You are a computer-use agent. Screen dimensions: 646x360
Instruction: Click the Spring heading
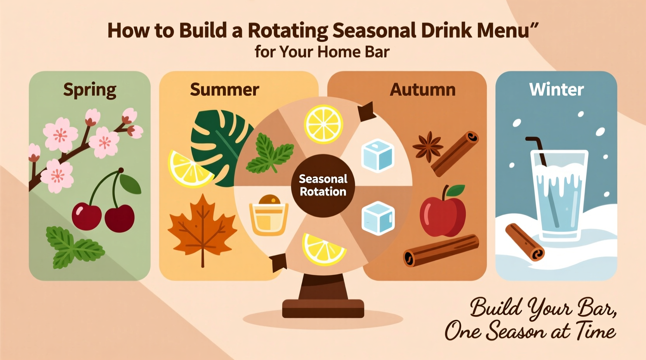click(90, 90)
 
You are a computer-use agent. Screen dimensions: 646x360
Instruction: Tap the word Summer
click(224, 90)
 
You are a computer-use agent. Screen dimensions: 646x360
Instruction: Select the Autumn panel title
click(422, 90)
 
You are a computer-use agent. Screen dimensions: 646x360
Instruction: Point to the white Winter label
click(556, 89)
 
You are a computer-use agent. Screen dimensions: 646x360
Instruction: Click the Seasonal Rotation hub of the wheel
click(323, 185)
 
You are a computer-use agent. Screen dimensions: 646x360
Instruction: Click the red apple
click(443, 211)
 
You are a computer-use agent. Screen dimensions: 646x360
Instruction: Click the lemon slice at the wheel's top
click(323, 124)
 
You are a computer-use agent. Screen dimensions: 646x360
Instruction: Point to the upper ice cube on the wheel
click(377, 156)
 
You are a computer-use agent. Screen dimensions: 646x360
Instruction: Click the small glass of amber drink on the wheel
click(269, 215)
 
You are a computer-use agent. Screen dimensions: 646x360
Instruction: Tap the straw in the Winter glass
click(539, 151)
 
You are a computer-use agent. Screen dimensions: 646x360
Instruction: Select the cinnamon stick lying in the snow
click(524, 242)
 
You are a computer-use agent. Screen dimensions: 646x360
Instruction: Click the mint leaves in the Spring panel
click(75, 247)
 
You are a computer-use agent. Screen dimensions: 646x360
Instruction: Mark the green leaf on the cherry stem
click(130, 184)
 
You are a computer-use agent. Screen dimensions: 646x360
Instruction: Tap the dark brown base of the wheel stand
click(323, 309)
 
